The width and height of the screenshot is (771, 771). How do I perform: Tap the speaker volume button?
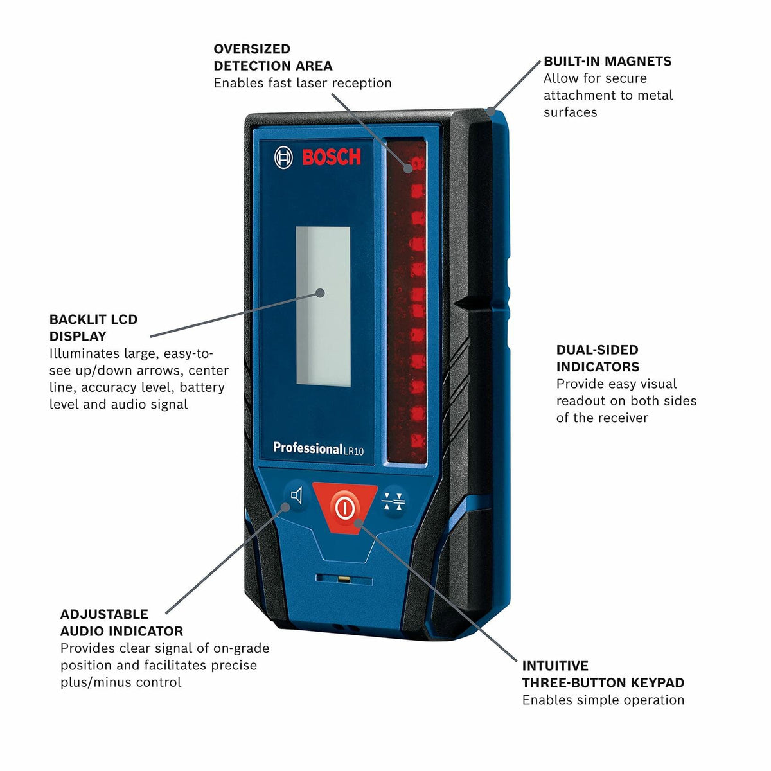tap(296, 497)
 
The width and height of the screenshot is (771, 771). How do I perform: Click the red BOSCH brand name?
tap(332, 157)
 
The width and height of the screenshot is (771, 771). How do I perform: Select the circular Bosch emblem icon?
tap(283, 158)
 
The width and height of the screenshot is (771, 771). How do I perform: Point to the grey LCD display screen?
tap(323, 305)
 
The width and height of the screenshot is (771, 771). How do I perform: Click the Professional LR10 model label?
tap(318, 448)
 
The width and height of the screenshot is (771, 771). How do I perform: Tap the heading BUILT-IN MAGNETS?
tap(607, 62)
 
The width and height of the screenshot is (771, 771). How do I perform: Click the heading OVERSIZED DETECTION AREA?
tap(273, 57)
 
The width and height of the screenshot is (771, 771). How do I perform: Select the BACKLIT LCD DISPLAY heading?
tap(93, 328)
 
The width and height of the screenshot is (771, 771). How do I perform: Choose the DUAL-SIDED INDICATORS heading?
tap(598, 359)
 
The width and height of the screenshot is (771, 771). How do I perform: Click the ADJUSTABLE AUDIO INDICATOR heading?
tap(121, 623)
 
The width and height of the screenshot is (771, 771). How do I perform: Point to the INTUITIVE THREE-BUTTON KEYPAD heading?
tap(603, 674)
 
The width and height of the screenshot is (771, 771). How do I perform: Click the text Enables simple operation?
tap(603, 700)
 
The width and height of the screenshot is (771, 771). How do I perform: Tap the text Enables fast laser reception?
tap(302, 83)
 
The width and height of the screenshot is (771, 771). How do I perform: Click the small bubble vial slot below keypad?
tap(344, 579)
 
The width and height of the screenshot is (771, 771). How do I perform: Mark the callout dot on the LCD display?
tap(320, 293)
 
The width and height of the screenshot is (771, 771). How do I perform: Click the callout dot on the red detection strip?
tap(408, 168)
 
